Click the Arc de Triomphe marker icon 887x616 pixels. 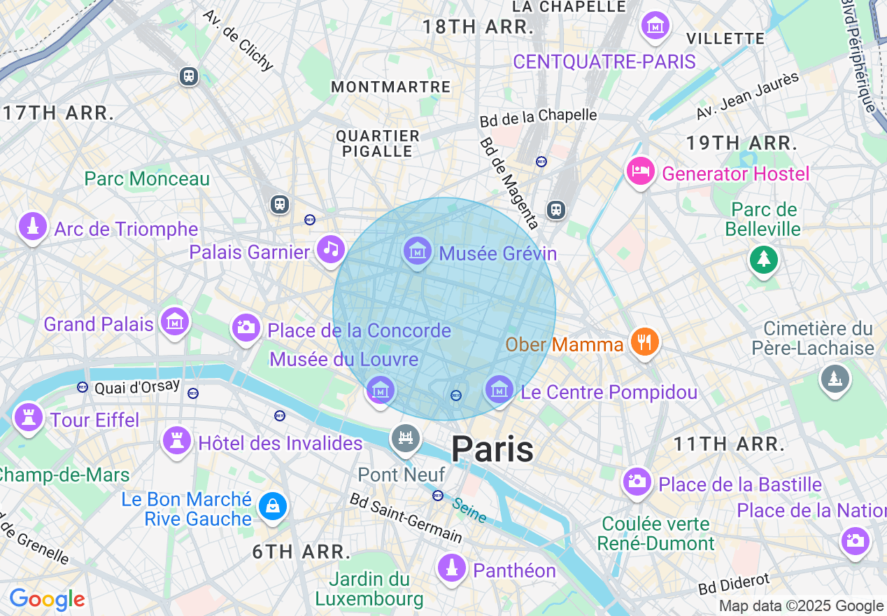[x=32, y=227]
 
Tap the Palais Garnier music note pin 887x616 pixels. [x=330, y=248]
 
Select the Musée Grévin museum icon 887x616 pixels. [x=417, y=250]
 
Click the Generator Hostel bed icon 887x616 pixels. [x=641, y=171]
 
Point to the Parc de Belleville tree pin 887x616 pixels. [x=764, y=260]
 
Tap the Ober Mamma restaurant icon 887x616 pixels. [x=644, y=342]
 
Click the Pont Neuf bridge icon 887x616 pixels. [x=406, y=438]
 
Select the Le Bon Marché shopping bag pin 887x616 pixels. [x=272, y=505]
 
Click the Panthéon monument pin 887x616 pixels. [x=452, y=567]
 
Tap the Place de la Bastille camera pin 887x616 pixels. [x=637, y=481]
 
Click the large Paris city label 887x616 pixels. [x=492, y=449]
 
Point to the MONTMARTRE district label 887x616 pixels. [x=391, y=87]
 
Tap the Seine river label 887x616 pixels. [x=469, y=510]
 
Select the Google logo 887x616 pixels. [x=47, y=599]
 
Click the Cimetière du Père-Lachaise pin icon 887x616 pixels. [x=835, y=379]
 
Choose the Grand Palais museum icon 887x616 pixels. [x=174, y=321]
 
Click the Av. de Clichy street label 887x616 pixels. [x=238, y=41]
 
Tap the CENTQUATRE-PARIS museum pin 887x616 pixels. [x=655, y=27]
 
